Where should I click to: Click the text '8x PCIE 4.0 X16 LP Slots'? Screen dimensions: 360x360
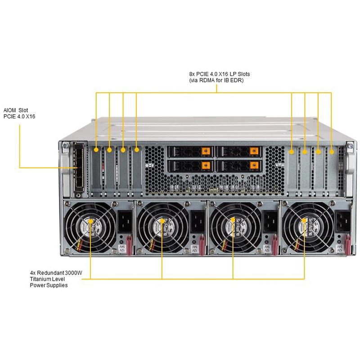pos(219,73)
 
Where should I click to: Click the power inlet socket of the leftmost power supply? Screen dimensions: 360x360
pos(124,221)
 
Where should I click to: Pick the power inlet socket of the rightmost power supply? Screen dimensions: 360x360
pos(341,221)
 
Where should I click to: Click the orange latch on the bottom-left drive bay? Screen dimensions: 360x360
pos(205,165)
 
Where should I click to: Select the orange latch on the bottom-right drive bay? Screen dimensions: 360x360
pos(253,165)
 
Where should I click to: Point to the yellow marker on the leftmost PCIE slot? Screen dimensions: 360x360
pos(96,148)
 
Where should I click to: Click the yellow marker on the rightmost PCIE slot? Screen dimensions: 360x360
pos(331,152)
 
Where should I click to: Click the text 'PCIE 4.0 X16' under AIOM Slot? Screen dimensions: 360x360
pos(19,117)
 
